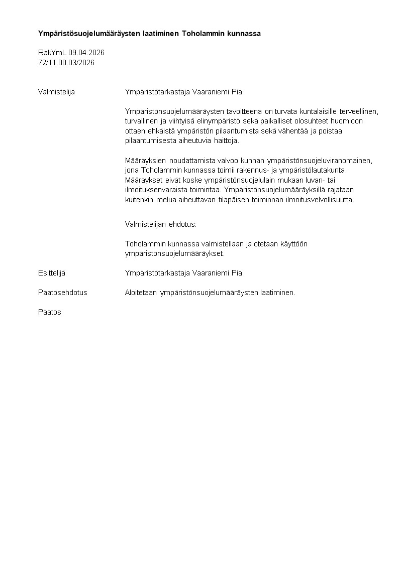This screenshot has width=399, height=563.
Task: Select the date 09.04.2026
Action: coord(86,53)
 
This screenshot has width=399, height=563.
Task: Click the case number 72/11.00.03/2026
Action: coord(66,63)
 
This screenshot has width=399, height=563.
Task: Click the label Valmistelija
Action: coord(56,92)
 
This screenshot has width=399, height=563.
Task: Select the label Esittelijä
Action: coord(52,273)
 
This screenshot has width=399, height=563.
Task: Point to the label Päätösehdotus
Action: coord(62,293)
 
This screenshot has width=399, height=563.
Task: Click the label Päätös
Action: coord(50,312)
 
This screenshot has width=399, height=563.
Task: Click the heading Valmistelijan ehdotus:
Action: coord(161,224)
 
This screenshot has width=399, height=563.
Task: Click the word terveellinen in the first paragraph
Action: coord(359,111)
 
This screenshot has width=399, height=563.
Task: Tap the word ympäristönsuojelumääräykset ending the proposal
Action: coord(174,253)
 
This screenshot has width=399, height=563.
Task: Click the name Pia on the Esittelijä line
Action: coord(237,273)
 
